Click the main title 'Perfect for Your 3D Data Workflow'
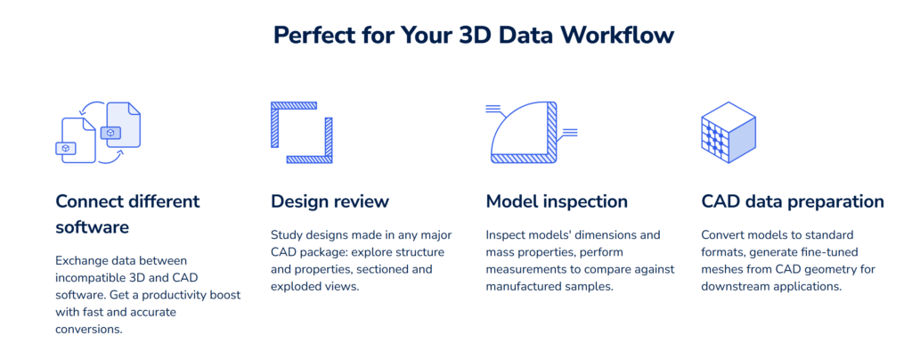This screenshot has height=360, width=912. tap(474, 35)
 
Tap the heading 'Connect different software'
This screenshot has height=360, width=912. tap(127, 214)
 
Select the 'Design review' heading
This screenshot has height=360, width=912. tap(330, 201)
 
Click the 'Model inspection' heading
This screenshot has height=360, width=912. tap(557, 201)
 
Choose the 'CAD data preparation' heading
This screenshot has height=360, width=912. tap(792, 201)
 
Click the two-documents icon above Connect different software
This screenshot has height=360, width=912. tap(98, 133)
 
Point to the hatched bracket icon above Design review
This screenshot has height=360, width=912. tap(301, 133)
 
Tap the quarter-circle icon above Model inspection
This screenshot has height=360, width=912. tap(531, 133)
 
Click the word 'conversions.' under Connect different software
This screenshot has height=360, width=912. tap(90, 329)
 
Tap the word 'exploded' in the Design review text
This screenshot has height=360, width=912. tap(295, 286)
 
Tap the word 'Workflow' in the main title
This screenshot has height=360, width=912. tap(616, 35)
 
